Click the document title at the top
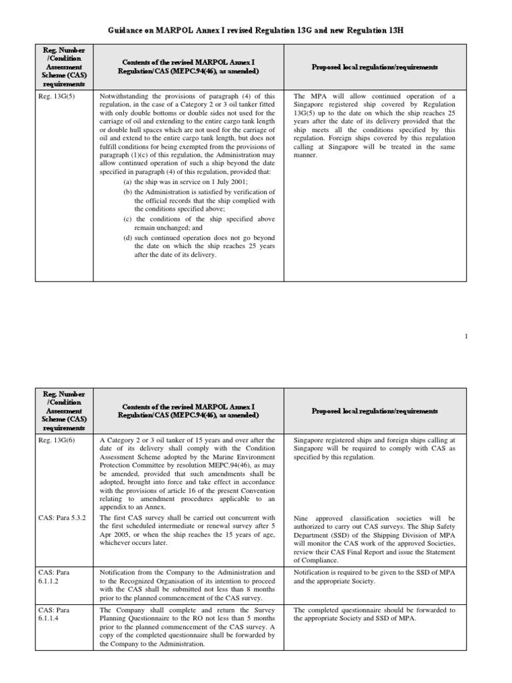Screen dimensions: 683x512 (x=255, y=31)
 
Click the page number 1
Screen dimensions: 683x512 (x=466, y=337)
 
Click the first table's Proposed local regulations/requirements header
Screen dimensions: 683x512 (x=374, y=67)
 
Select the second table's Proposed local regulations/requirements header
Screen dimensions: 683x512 (x=374, y=411)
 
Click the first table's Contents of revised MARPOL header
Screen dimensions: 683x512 (x=188, y=67)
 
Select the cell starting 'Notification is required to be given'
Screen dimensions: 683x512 (x=374, y=577)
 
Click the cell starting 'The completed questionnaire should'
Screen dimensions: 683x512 (x=374, y=614)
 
